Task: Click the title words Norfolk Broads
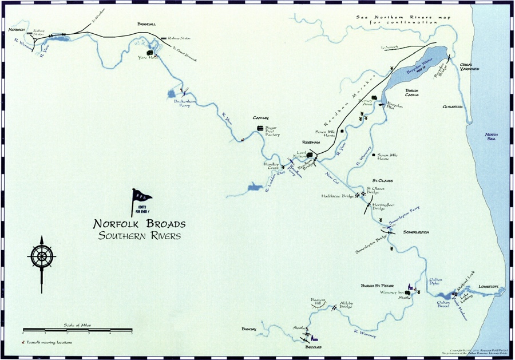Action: tap(140, 224)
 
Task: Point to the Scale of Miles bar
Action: tap(77, 330)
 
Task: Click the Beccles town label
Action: tap(313, 347)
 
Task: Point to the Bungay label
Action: tap(249, 329)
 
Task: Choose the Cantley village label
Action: tap(261, 118)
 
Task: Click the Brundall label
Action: tap(146, 24)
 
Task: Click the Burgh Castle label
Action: tap(412, 92)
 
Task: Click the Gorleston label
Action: tap(452, 107)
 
